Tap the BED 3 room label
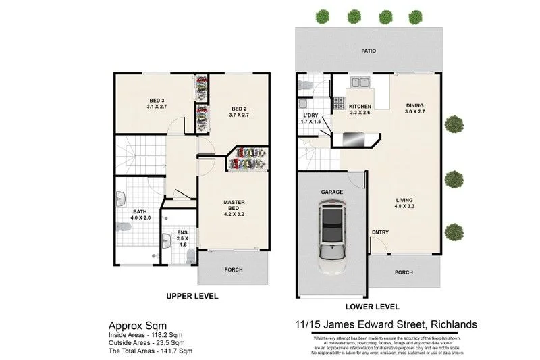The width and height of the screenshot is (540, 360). click(x=157, y=101)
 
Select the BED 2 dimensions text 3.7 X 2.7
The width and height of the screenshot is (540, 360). click(x=240, y=115)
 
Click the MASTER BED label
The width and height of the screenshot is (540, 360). click(x=234, y=205)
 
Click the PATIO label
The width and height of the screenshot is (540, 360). click(x=368, y=51)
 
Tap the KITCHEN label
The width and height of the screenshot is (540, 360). click(x=360, y=107)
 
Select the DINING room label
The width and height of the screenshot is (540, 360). click(x=415, y=105)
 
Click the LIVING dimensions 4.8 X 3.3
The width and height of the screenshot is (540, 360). click(x=405, y=207)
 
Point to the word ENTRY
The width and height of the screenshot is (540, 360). click(x=380, y=232)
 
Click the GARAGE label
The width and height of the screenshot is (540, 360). click(x=331, y=192)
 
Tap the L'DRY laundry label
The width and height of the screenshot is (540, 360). click(x=311, y=115)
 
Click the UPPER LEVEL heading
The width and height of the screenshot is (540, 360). click(x=192, y=296)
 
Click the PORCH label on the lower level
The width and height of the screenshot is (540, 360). click(x=404, y=273)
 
